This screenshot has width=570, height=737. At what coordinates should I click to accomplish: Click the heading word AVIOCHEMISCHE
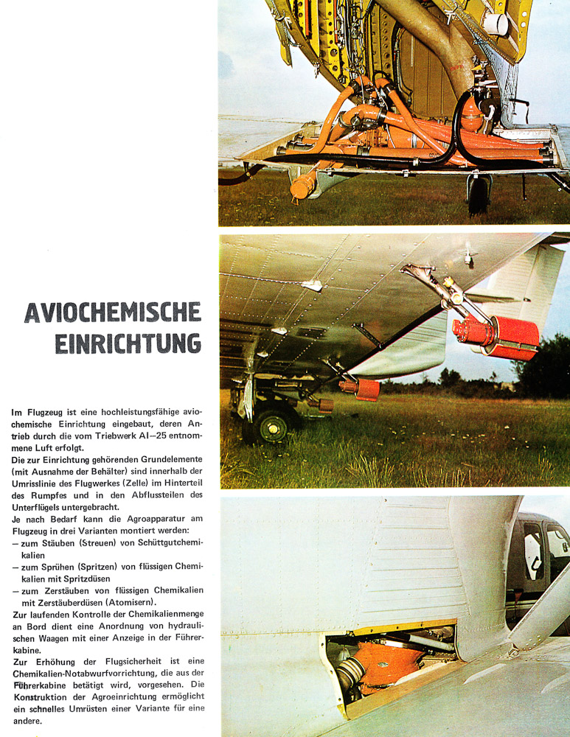[x=113, y=312]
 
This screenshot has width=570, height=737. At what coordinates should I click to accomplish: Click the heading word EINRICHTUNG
[x=128, y=343]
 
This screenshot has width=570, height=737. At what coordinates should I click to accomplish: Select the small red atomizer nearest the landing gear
[x=322, y=404]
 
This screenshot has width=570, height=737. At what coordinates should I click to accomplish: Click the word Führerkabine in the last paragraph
[x=36, y=685]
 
